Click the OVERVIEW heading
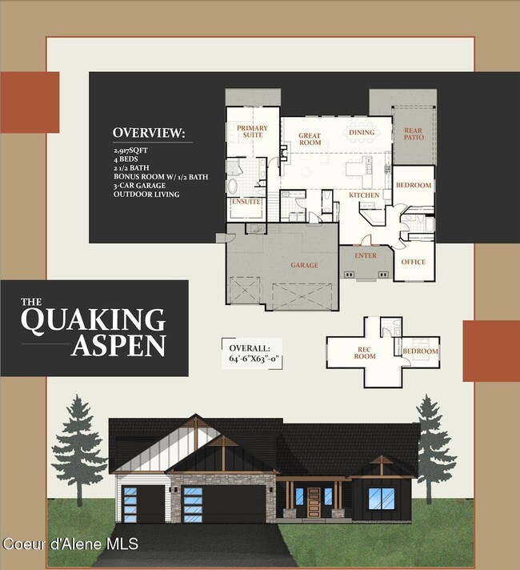[x=149, y=133]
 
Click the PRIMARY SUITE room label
[x=252, y=132]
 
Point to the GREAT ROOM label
[x=310, y=140]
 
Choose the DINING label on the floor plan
[x=362, y=132]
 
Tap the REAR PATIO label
[x=413, y=134]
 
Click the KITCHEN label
[x=364, y=195]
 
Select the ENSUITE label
[x=246, y=202]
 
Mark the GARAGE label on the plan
[x=304, y=265]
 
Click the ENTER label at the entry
[x=365, y=256]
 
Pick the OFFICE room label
[x=413, y=262]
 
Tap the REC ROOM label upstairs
[x=365, y=353]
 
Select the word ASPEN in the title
[x=118, y=346]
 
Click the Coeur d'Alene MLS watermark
[x=70, y=544]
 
